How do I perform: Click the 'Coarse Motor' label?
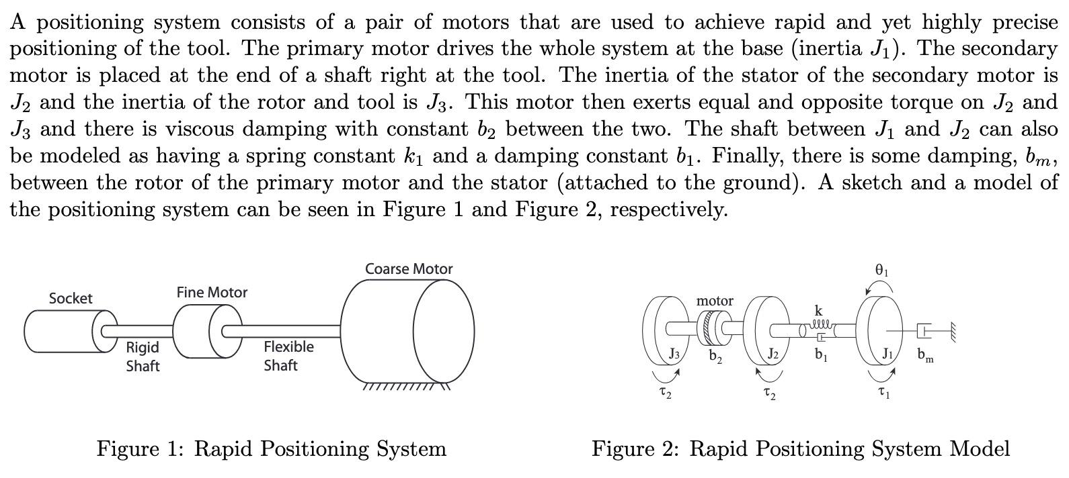coord(409,269)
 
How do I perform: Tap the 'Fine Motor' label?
coord(212,293)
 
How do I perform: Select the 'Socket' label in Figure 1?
coord(71,299)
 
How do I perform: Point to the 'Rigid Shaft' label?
coord(143,356)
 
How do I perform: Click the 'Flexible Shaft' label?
coord(288,356)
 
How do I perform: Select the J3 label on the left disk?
coord(674,353)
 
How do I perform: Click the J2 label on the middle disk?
coord(773,354)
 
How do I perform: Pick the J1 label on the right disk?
coord(887,354)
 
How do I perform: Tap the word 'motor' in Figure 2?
coord(715,301)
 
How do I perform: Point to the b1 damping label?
coord(820,354)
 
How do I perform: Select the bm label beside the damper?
coord(925,355)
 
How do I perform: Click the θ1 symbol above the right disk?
coord(882,270)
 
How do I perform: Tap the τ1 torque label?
coord(883,393)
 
